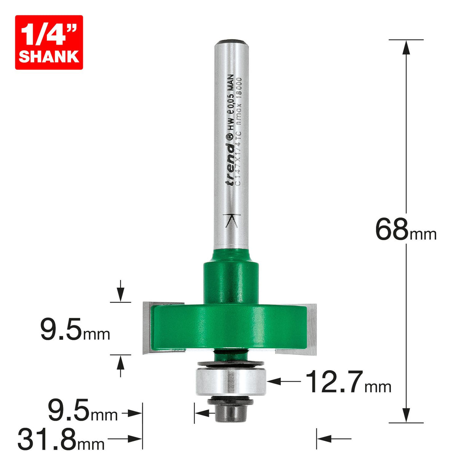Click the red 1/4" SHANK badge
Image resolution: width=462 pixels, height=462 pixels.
pyautogui.click(x=49, y=42)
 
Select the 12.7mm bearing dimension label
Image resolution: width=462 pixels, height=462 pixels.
pyautogui.click(x=348, y=382)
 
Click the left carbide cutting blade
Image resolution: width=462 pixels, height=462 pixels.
pyautogui.click(x=147, y=327)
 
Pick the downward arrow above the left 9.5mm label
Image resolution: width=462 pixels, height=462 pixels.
pyautogui.click(x=121, y=294)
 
